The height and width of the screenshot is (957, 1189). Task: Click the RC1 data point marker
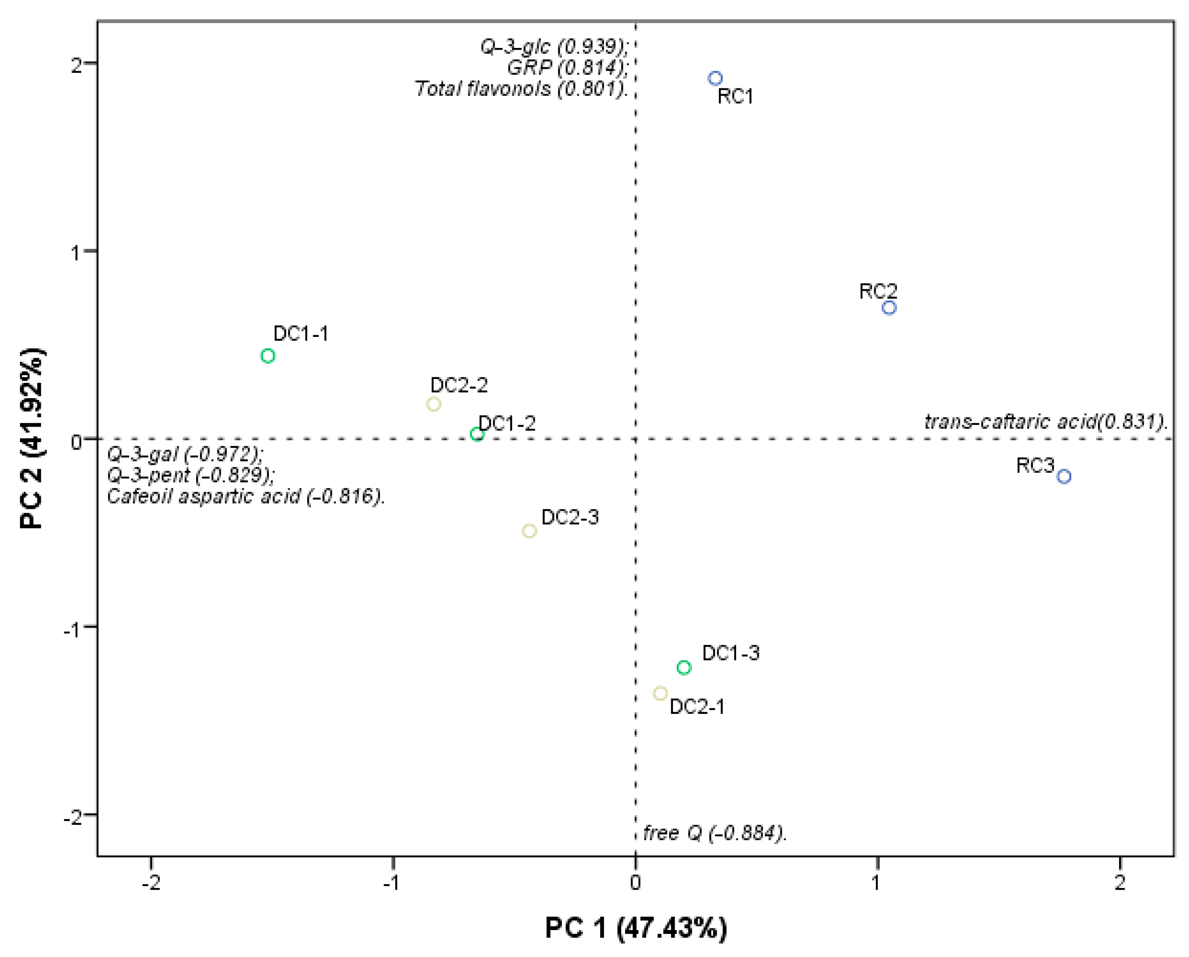pyautogui.click(x=715, y=78)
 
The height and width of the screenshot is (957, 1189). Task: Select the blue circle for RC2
pyautogui.click(x=889, y=308)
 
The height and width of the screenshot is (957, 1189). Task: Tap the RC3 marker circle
pyautogui.click(x=1064, y=476)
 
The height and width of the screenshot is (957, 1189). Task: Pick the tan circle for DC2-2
pyautogui.click(x=434, y=404)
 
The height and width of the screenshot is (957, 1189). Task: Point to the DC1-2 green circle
pyautogui.click(x=477, y=435)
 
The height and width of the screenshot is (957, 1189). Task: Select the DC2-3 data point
pyautogui.click(x=529, y=531)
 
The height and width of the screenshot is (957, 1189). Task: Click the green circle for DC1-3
pyautogui.click(x=684, y=668)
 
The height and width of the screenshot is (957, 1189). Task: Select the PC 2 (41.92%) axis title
pyautogui.click(x=32, y=439)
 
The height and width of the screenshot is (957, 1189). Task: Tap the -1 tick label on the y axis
pyautogui.click(x=72, y=629)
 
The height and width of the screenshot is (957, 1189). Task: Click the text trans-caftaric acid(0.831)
pyautogui.click(x=1045, y=422)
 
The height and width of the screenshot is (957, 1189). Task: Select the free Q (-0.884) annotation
pyautogui.click(x=715, y=833)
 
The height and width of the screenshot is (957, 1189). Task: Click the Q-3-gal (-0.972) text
pyautogui.click(x=185, y=454)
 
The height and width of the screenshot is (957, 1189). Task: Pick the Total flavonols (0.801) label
pyautogui.click(x=521, y=89)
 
